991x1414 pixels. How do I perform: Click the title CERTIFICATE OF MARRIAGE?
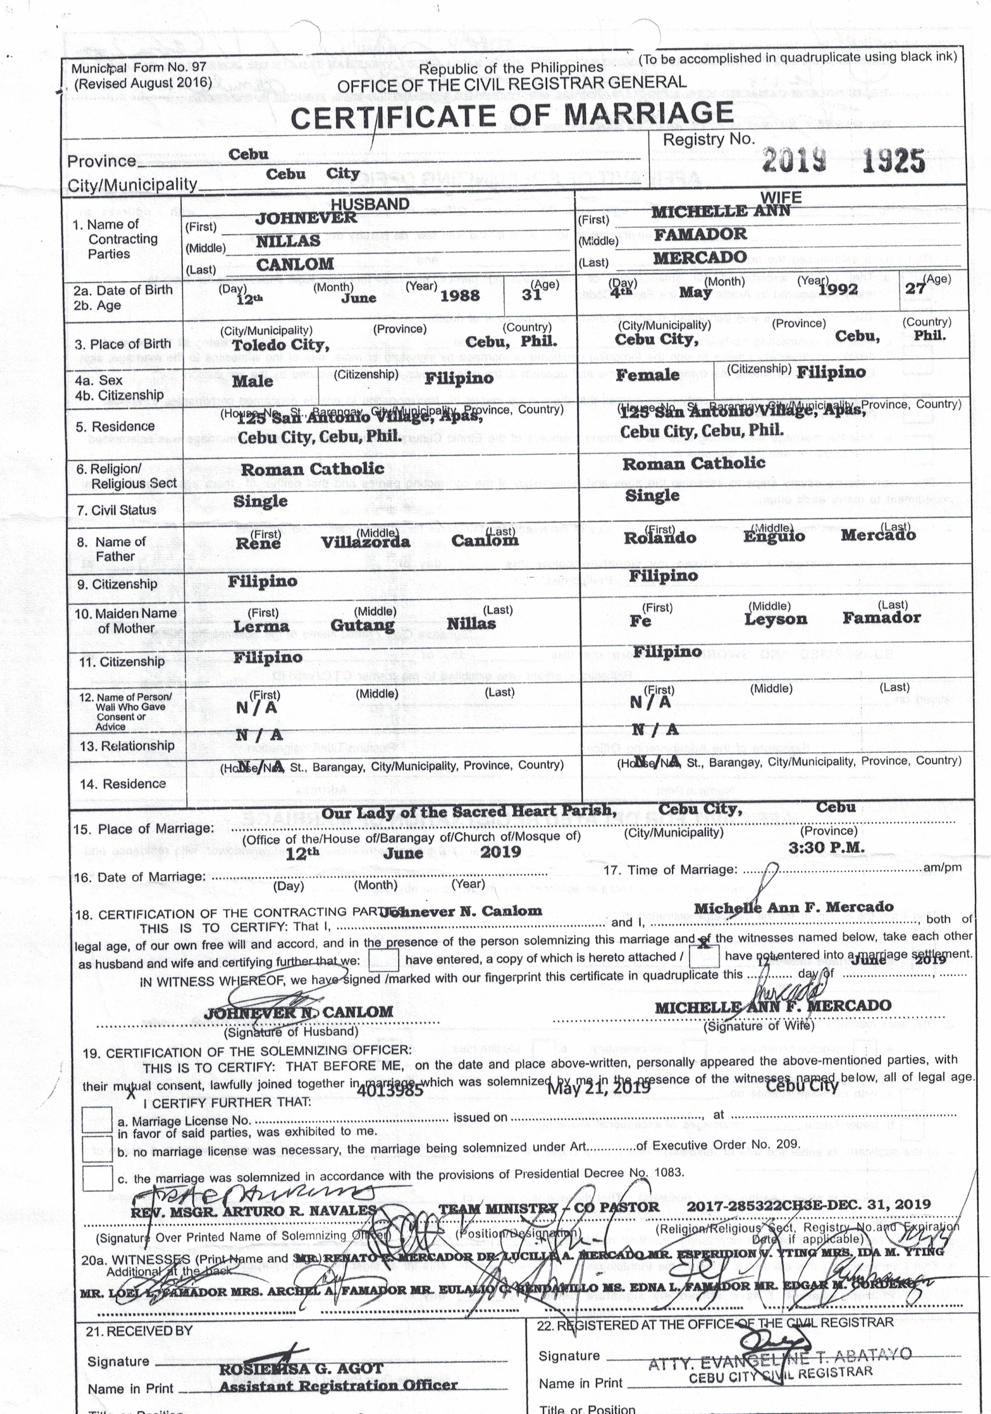(511, 116)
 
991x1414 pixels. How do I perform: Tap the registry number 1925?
(893, 161)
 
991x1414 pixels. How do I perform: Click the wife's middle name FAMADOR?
(700, 235)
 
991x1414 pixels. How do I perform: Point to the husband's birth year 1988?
(460, 296)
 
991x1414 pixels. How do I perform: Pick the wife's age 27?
(915, 288)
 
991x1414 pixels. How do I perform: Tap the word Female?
(648, 375)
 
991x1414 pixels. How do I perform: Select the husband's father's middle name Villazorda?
(365, 542)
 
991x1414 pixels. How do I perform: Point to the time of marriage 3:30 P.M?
(826, 848)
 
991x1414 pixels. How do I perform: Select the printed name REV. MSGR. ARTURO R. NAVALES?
(253, 1212)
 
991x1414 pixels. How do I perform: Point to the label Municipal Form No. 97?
(139, 68)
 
